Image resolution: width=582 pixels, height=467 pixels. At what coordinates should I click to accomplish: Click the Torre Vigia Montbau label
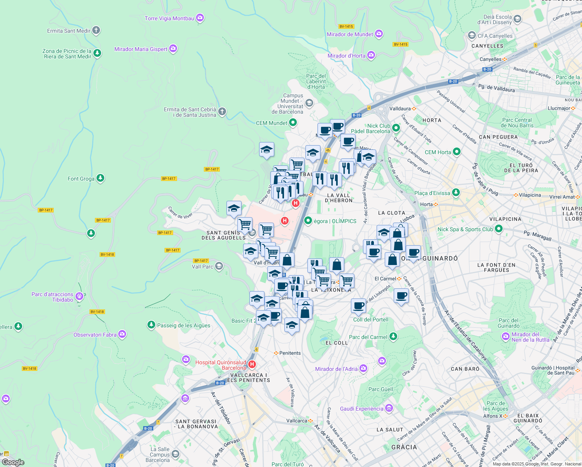coord(169,18)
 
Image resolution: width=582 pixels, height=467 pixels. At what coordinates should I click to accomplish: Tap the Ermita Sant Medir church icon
coord(96,30)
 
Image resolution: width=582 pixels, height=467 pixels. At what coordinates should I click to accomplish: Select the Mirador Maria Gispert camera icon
coord(173,49)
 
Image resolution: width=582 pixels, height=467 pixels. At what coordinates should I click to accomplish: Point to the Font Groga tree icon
coord(100,178)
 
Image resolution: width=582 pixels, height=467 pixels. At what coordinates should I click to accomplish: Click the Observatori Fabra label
coord(95,335)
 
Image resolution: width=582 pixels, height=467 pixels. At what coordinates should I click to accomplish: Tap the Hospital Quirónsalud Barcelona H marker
coord(252,365)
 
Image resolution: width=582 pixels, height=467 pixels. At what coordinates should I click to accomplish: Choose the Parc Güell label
coord(380,389)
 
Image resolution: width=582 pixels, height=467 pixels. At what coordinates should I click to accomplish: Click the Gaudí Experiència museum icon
coord(389,408)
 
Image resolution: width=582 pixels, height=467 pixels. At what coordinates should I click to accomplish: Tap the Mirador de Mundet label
coord(350,34)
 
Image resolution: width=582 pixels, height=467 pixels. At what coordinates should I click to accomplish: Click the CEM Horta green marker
coord(457,152)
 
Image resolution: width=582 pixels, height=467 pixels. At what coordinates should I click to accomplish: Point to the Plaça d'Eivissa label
coord(432,193)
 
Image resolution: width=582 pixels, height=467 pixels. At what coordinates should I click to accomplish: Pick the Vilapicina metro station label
coord(530,195)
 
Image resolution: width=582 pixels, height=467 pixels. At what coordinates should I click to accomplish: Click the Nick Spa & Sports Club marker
coord(498,229)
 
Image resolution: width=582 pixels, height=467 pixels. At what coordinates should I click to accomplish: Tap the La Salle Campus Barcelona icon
coord(175,454)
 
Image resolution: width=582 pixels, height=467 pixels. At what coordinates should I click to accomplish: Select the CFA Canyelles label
coord(495,36)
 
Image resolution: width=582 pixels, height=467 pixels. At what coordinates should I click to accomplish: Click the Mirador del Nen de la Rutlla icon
coord(506,336)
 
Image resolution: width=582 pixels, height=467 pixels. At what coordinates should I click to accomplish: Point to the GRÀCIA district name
coord(404,447)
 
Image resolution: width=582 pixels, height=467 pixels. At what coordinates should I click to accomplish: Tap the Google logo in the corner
coord(13,462)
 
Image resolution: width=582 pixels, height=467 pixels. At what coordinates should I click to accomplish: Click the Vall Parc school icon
coord(219,266)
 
